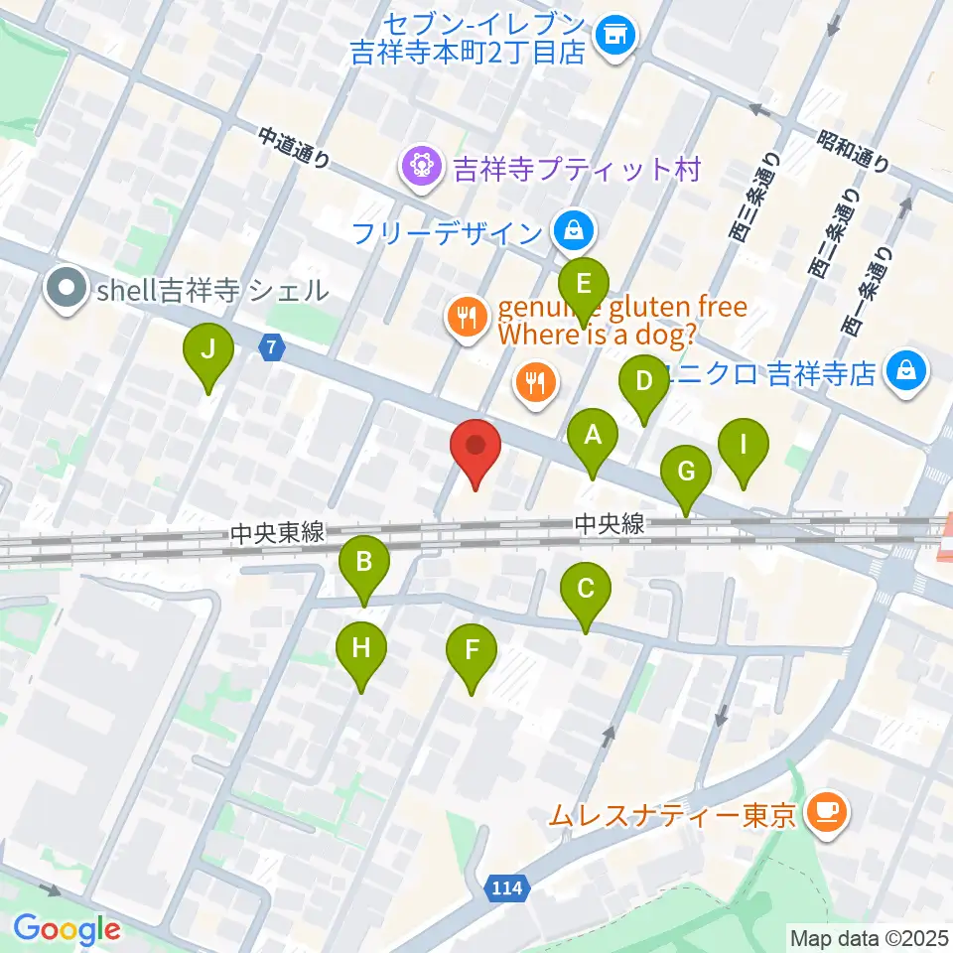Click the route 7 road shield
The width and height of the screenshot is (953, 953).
point(272,347)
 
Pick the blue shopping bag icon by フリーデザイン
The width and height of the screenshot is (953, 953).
point(573,231)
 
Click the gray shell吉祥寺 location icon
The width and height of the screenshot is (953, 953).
point(68,289)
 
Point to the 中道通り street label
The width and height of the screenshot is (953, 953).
point(294,149)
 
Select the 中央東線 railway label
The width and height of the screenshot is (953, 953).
point(277,534)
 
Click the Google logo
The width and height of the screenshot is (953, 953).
point(67,929)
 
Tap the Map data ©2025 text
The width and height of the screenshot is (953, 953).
point(868,936)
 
